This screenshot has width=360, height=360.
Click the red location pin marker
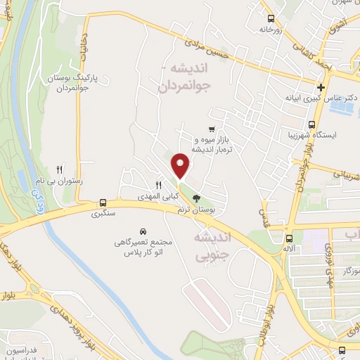pyautogui.click(x=181, y=165)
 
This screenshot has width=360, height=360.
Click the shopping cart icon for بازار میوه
pyautogui.click(x=212, y=129)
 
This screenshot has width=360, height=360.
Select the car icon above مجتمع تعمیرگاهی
pyautogui.click(x=143, y=231)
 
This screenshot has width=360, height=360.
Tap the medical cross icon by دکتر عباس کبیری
pyautogui.click(x=321, y=87)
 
